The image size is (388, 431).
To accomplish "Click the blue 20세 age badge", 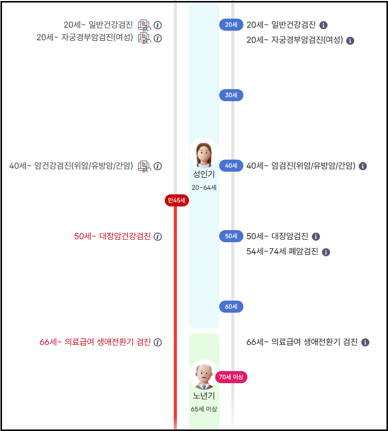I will click(231, 25).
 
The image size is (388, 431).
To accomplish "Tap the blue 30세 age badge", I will click(231, 95).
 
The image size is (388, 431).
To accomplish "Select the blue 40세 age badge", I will click(231, 166).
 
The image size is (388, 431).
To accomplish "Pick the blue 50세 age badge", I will click(231, 236).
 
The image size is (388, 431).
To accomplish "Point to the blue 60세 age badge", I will click(231, 307).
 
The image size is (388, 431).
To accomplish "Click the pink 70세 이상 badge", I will click(231, 377).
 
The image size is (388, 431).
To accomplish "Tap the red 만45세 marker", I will click(176, 201).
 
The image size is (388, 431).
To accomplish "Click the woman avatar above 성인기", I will click(204, 154).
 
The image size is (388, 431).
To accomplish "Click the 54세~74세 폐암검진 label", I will click(282, 251).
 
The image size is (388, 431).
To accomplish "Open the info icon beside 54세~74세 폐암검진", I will click(326, 252).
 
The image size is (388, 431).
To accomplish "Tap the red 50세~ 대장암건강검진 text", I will click(112, 236).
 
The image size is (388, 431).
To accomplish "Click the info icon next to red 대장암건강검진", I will click(158, 237).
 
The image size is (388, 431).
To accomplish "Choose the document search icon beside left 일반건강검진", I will click(145, 25).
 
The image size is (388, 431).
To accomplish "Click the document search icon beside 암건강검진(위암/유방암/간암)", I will click(145, 166).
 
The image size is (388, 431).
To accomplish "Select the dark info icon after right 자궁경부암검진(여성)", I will click(351, 40).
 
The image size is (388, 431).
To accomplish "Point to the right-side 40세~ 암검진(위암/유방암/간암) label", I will click(301, 166).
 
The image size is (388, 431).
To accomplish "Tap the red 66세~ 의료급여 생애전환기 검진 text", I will click(95, 342).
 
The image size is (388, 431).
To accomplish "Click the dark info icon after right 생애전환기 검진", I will click(365, 342).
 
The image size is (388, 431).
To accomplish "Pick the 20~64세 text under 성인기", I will click(204, 187).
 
